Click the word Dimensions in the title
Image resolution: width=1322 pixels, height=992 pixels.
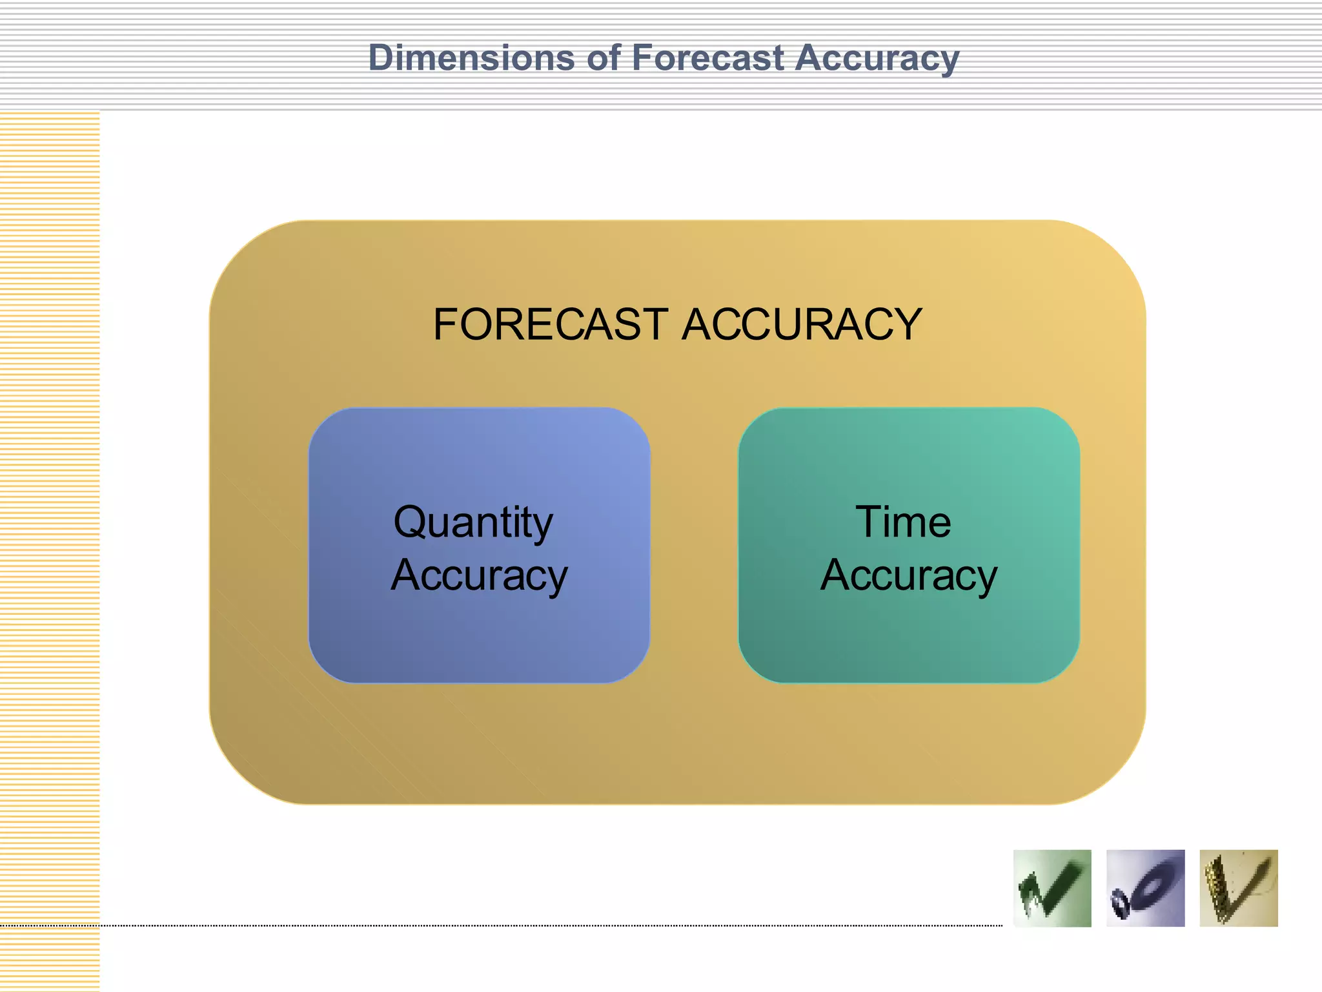(471, 58)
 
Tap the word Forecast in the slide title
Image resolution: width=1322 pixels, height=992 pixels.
(707, 58)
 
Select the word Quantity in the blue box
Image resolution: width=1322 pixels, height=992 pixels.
(473, 523)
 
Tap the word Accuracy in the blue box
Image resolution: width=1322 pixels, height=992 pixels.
(479, 575)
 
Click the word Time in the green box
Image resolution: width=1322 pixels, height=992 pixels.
(903, 522)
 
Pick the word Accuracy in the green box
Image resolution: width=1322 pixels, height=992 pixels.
(909, 575)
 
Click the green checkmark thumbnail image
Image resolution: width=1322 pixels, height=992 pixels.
(1052, 888)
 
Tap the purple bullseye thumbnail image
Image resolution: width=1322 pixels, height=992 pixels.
(1145, 888)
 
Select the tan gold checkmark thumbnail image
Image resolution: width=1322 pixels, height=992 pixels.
(1238, 888)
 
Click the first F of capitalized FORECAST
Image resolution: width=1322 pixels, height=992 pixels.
(445, 324)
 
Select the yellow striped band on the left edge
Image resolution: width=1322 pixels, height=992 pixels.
(50, 549)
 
